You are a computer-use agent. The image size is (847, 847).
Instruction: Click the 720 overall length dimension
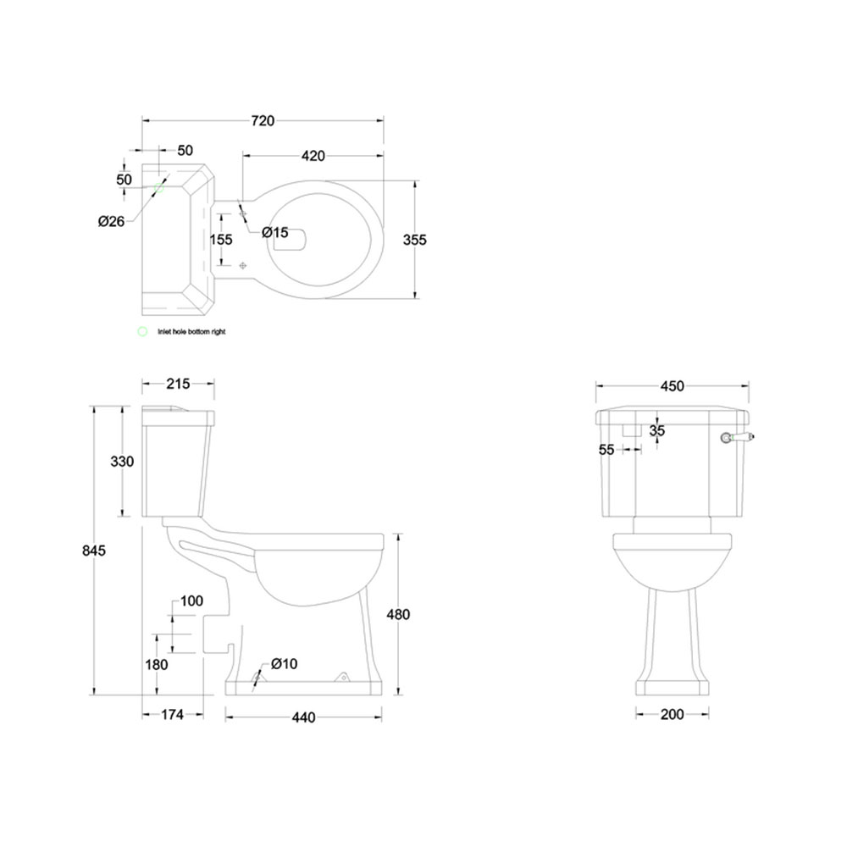263,121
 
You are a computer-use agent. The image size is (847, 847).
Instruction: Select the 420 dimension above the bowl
313,156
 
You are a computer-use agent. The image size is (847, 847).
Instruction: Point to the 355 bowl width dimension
415,240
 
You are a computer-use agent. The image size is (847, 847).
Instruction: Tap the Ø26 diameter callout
111,222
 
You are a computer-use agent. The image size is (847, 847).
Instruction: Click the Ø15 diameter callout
274,232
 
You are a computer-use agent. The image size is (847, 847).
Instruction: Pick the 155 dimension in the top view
221,240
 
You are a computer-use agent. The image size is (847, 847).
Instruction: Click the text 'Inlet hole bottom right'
191,333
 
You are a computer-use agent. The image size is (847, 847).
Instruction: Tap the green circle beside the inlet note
142,332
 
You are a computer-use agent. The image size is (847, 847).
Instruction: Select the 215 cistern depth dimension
178,384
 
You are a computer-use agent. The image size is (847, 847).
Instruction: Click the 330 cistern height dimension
123,462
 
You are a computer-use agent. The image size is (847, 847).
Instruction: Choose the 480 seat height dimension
397,615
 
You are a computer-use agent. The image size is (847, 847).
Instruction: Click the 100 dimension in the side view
192,601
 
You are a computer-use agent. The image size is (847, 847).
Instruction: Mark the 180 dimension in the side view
157,665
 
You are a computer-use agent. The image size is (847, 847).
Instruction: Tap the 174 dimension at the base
172,715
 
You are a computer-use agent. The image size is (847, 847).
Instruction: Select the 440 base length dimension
303,717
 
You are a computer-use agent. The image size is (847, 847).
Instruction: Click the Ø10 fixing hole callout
285,663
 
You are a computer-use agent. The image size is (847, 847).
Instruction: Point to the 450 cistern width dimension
672,386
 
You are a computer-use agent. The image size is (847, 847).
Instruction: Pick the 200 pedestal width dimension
672,715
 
